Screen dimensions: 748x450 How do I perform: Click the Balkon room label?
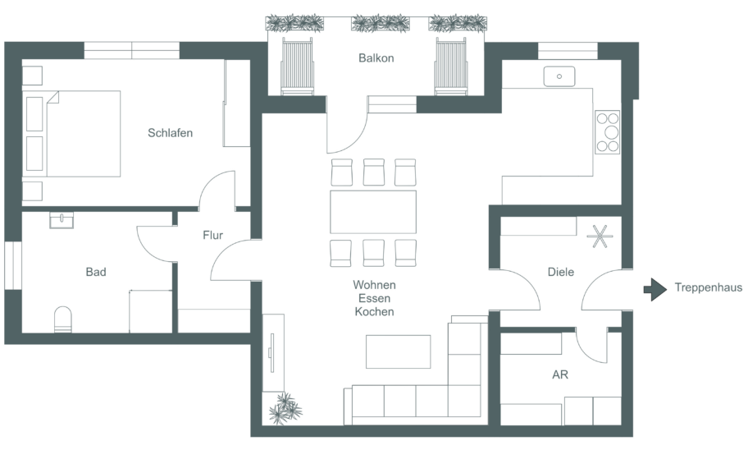pyautogui.click(x=376, y=58)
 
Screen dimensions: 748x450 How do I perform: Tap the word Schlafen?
pyautogui.click(x=171, y=133)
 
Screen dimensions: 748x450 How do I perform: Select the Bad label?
pyautogui.click(x=96, y=272)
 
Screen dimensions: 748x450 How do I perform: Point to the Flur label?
pyautogui.click(x=212, y=235)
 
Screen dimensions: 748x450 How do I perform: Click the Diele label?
pyautogui.click(x=560, y=272)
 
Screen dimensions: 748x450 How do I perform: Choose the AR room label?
pyautogui.click(x=560, y=374)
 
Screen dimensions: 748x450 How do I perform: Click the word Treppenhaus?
pyautogui.click(x=709, y=287)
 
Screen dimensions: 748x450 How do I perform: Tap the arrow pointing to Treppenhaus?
pyautogui.click(x=655, y=289)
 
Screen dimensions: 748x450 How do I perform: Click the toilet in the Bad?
pyautogui.click(x=63, y=319)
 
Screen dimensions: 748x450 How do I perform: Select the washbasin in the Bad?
pyautogui.click(x=62, y=220)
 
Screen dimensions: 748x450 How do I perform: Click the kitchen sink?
pyautogui.click(x=559, y=76)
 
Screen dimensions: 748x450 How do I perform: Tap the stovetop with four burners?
pyautogui.click(x=607, y=132)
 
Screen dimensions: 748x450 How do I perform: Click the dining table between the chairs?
pyautogui.click(x=373, y=212)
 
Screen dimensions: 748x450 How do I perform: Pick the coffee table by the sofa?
pyautogui.click(x=399, y=351)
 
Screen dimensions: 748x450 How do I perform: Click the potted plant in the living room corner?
pyautogui.click(x=285, y=409)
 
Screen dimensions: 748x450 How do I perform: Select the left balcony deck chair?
pyautogui.click(x=297, y=67)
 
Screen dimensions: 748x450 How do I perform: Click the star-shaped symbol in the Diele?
pyautogui.click(x=600, y=236)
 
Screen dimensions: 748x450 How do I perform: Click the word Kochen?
pyautogui.click(x=375, y=312)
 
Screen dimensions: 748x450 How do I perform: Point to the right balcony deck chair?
pyautogui.click(x=451, y=67)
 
